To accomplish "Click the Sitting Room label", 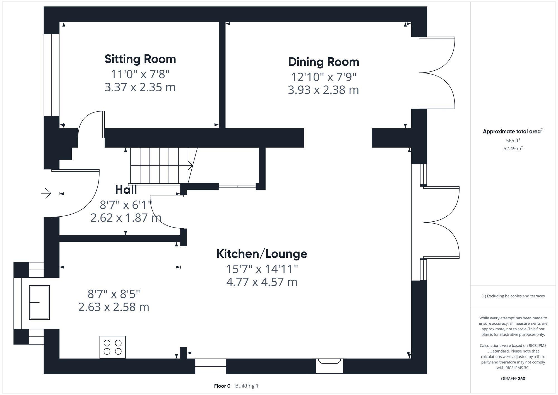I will click(140, 59).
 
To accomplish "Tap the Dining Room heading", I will click(323, 62).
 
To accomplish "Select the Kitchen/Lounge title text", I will click(262, 254).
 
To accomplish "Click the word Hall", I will click(126, 190).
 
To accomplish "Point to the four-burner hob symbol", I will click(112, 347).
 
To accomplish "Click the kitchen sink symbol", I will click(39, 302).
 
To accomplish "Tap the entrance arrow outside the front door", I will click(46, 193).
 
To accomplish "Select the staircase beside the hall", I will click(160, 166).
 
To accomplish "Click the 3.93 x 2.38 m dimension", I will click(323, 90).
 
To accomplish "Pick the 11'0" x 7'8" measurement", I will click(140, 75).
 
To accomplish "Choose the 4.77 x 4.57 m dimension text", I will click(262, 282).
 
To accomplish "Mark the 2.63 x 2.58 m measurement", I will click(114, 307).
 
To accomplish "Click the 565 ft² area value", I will click(513, 141).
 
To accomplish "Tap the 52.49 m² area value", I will click(513, 149).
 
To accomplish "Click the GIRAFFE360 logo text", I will click(513, 379).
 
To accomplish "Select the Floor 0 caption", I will click(222, 386).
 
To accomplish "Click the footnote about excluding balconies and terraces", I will click(513, 296).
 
